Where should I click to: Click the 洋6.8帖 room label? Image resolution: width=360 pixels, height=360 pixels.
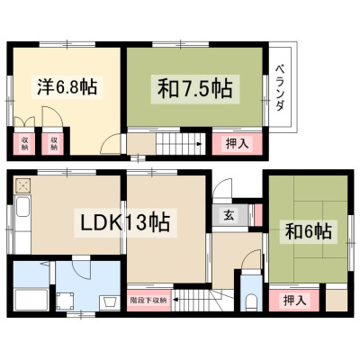point(67,86)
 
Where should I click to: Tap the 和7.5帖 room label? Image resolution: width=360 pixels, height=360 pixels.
point(195,89)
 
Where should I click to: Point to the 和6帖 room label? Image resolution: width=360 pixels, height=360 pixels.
point(309,231)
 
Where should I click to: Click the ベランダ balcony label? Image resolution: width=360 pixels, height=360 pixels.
point(280,87)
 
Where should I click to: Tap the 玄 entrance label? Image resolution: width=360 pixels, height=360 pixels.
point(229,215)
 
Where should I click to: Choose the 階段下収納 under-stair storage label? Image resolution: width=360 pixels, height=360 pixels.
point(148,300)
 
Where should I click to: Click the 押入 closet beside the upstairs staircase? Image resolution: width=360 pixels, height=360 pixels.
point(237,144)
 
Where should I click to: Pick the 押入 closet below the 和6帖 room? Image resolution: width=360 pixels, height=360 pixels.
point(294,300)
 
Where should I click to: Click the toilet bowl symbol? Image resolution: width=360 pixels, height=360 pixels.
point(251,302)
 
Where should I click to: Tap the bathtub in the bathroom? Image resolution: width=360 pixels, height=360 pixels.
point(31,300)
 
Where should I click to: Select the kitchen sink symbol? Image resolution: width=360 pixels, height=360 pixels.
point(22,207)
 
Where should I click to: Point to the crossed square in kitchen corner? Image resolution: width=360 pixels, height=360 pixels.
point(22,186)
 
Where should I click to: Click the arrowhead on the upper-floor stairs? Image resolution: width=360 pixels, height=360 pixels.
point(198,144)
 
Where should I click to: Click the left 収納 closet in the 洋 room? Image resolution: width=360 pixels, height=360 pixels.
point(24,143)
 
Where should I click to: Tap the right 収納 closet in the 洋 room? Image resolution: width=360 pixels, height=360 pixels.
point(53,143)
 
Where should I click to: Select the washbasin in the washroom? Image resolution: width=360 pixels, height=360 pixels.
point(108,301)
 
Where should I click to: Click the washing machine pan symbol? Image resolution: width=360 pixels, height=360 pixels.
point(65,301)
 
